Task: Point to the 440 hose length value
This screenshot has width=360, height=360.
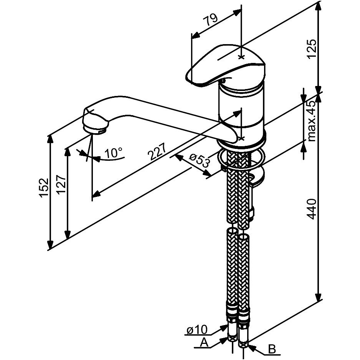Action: tap(312, 209)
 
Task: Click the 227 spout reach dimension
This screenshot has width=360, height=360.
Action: tap(157, 152)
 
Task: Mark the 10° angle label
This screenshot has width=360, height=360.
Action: tap(113, 154)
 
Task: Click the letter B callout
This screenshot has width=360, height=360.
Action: tap(271, 350)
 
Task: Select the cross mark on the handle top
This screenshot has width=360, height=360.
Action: tap(241, 57)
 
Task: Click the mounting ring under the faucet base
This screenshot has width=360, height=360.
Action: tap(242, 158)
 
